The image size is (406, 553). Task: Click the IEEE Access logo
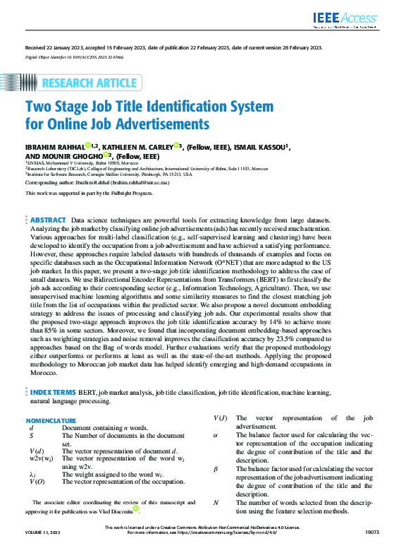(345, 19)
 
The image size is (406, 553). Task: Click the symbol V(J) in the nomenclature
(219, 418)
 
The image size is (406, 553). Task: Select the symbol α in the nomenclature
(215, 436)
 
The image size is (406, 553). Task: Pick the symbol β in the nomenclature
(215, 469)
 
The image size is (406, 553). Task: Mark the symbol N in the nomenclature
(215, 502)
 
